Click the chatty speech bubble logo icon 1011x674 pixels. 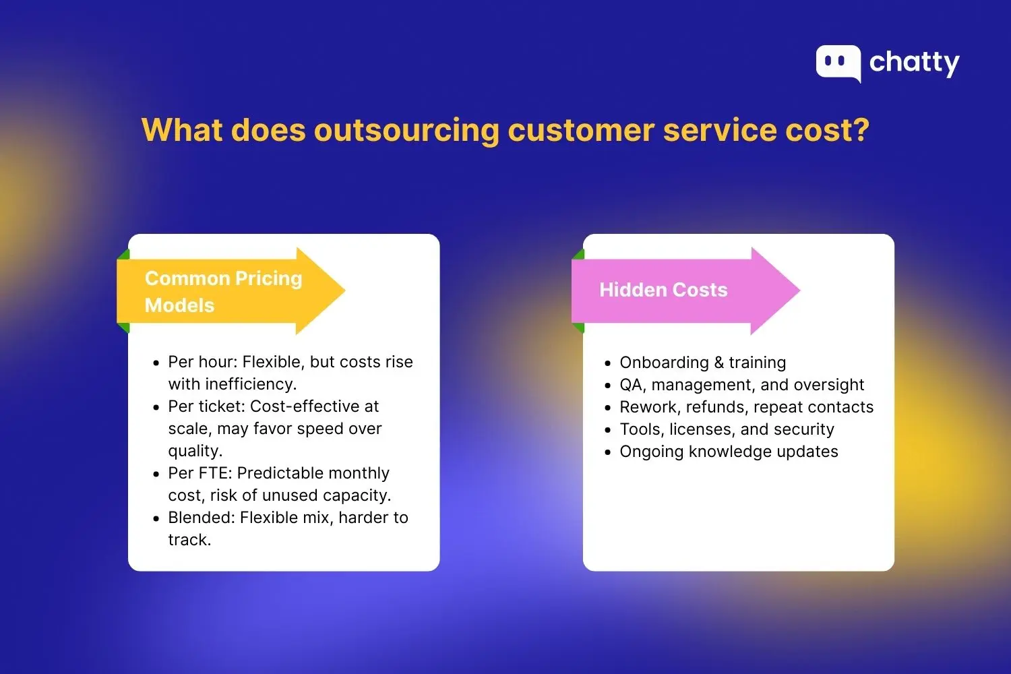pos(838,63)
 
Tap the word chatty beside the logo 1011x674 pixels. pos(914,63)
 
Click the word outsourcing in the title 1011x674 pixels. pos(406,130)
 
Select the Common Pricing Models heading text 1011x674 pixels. pos(222,291)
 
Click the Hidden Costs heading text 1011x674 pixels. pos(663,290)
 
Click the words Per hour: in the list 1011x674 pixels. pos(202,362)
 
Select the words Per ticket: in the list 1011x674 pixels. pos(206,406)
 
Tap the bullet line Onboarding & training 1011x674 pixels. pos(702,363)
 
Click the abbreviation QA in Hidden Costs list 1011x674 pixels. pos(631,385)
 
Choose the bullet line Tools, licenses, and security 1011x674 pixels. pos(727,429)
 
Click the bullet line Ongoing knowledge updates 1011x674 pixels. pos(729,452)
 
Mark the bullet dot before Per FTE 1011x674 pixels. pos(156,474)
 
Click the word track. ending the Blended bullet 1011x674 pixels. pos(189,540)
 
